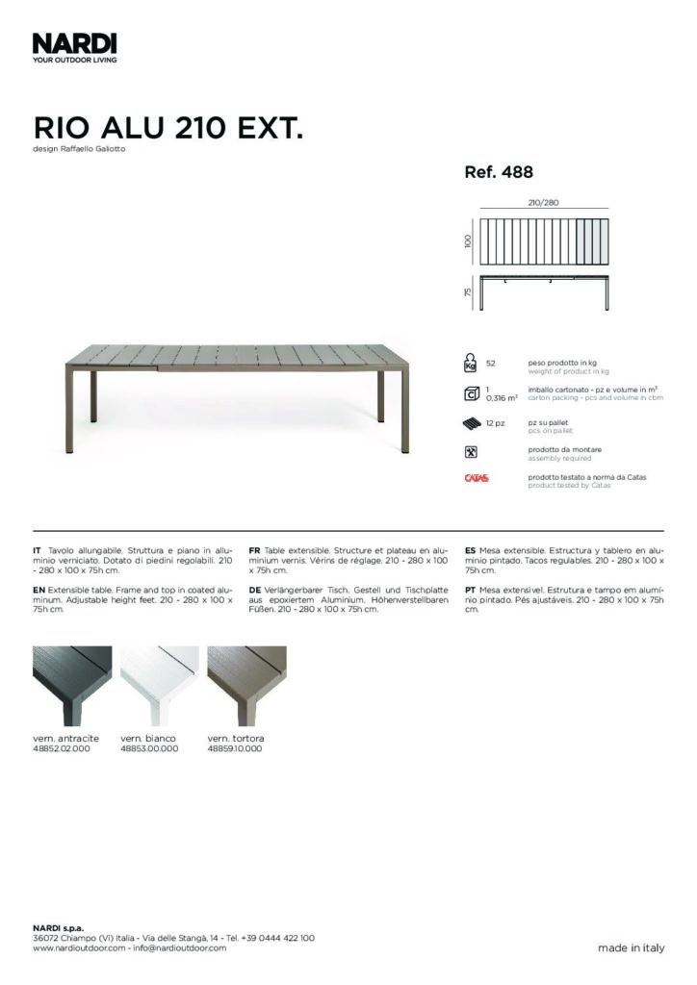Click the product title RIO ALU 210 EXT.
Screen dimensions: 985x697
click(x=168, y=128)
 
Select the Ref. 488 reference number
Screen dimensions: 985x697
click(x=499, y=173)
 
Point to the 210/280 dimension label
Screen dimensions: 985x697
click(x=544, y=203)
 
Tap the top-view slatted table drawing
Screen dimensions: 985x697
click(x=547, y=242)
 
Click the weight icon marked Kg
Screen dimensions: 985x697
click(x=471, y=363)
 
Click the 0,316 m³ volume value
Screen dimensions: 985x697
click(x=502, y=396)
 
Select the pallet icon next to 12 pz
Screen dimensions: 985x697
click(x=472, y=424)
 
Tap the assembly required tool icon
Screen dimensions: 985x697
click(x=471, y=451)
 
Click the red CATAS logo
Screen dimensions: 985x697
click(x=476, y=478)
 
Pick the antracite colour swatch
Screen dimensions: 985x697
click(x=72, y=685)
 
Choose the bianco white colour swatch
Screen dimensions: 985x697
click(x=159, y=685)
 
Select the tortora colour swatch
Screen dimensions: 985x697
click(x=246, y=685)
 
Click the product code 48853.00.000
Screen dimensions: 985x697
click(x=149, y=748)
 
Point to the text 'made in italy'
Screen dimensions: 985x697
click(x=631, y=947)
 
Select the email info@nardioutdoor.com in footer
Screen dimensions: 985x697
click(x=180, y=947)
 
